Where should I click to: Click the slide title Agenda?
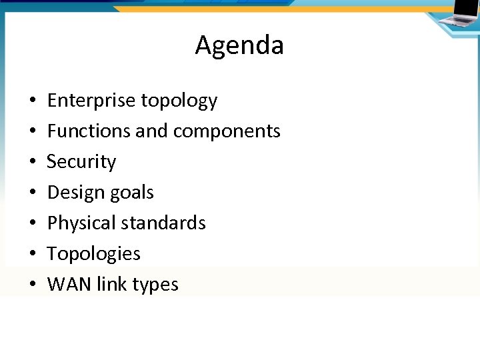click(239, 45)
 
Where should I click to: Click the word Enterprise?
click(91, 101)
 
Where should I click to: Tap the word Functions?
click(89, 131)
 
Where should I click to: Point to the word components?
click(227, 132)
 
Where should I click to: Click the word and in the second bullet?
click(151, 131)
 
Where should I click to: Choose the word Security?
click(81, 162)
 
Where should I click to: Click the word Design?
click(73, 193)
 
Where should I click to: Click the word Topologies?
click(94, 254)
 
